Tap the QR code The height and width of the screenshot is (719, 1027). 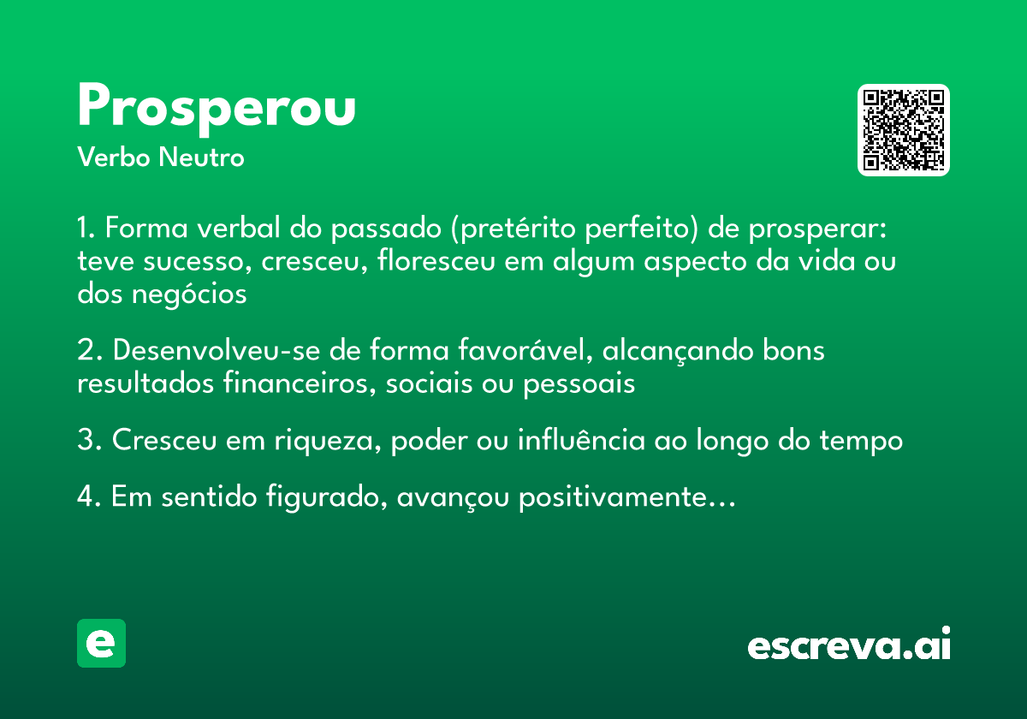[x=904, y=130]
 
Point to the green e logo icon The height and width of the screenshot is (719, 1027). [x=101, y=643]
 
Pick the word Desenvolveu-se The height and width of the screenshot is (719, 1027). [x=225, y=351]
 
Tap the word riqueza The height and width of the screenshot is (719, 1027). [x=329, y=441]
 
